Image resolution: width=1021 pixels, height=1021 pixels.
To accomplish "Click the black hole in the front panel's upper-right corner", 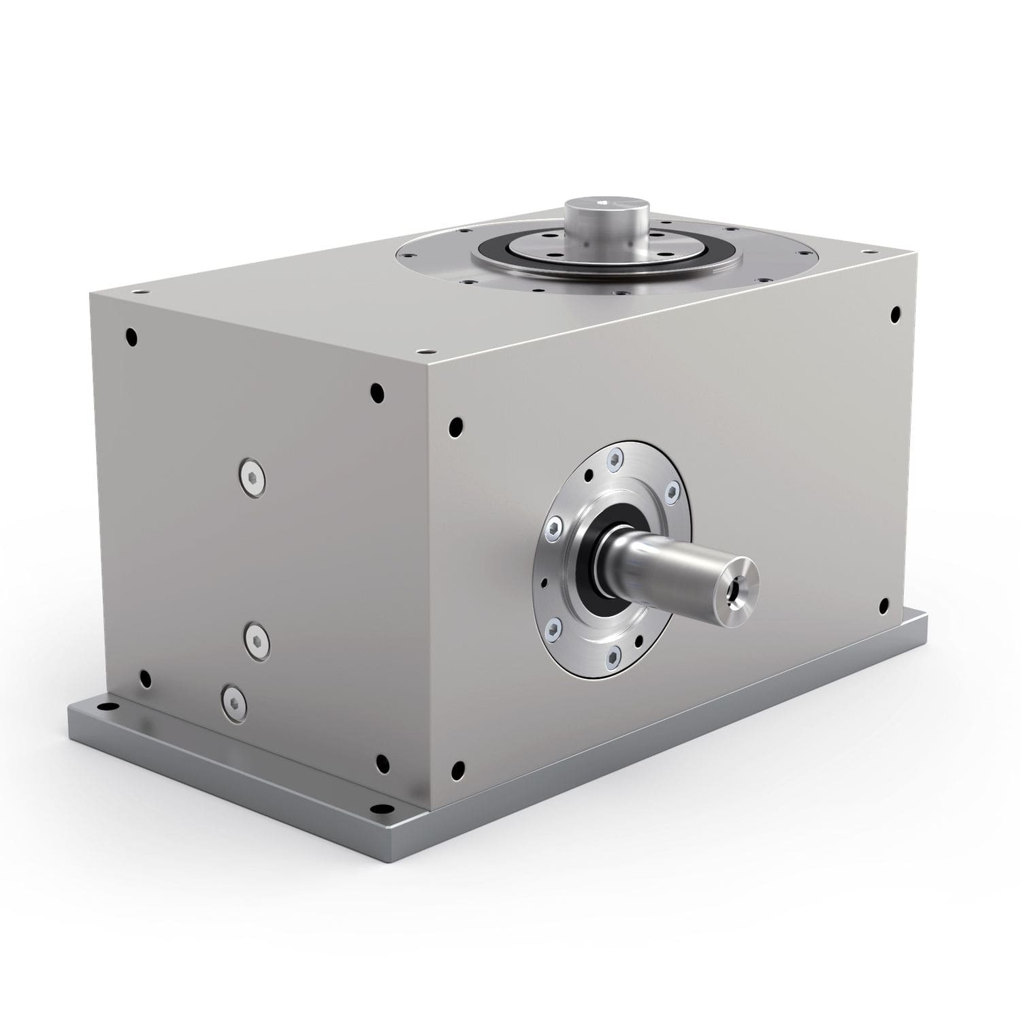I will pos(894,314).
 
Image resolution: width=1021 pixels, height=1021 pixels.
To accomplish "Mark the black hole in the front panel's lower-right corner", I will pos(884,604).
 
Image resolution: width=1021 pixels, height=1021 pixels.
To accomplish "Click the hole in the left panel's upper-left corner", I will pos(131,336).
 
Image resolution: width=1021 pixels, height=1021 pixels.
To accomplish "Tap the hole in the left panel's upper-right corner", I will pos(376,392).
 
